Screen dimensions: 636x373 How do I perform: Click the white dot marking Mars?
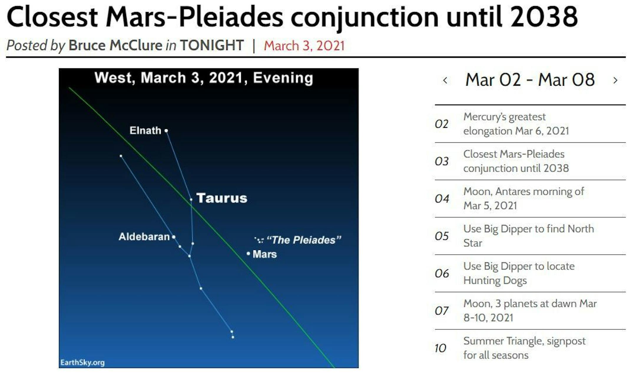pyautogui.click(x=248, y=253)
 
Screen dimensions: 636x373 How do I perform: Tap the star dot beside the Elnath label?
pyautogui.click(x=166, y=131)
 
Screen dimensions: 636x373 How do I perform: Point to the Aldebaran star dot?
pyautogui.click(x=174, y=237)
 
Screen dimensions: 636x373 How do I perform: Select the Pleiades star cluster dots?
pyautogui.click(x=259, y=240)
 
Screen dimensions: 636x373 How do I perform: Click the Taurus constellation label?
pyautogui.click(x=222, y=198)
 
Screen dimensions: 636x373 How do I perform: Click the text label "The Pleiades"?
pyautogui.click(x=304, y=240)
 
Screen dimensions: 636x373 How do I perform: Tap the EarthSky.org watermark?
pyautogui.click(x=82, y=362)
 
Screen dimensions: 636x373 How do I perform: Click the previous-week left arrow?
pyautogui.click(x=445, y=80)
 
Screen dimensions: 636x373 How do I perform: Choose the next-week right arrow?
pyautogui.click(x=615, y=80)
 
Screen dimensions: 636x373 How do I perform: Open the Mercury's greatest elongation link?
pyautogui.click(x=516, y=124)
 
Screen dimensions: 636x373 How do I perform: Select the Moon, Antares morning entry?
pyautogui.click(x=524, y=198)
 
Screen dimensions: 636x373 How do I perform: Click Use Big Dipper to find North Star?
pyautogui.click(x=529, y=236)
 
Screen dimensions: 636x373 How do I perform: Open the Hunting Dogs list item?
pyautogui.click(x=519, y=273)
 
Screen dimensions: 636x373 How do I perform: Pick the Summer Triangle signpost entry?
pyautogui.click(x=524, y=348)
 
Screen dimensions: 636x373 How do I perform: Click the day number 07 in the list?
pyautogui.click(x=442, y=311)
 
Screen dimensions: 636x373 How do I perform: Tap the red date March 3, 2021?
pyautogui.click(x=304, y=46)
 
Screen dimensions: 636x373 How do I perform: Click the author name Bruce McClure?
pyautogui.click(x=115, y=45)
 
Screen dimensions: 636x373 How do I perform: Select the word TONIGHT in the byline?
pyautogui.click(x=212, y=45)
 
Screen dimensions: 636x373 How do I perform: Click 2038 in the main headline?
pyautogui.click(x=544, y=17)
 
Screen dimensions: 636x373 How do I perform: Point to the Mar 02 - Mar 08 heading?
pyautogui.click(x=530, y=80)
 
